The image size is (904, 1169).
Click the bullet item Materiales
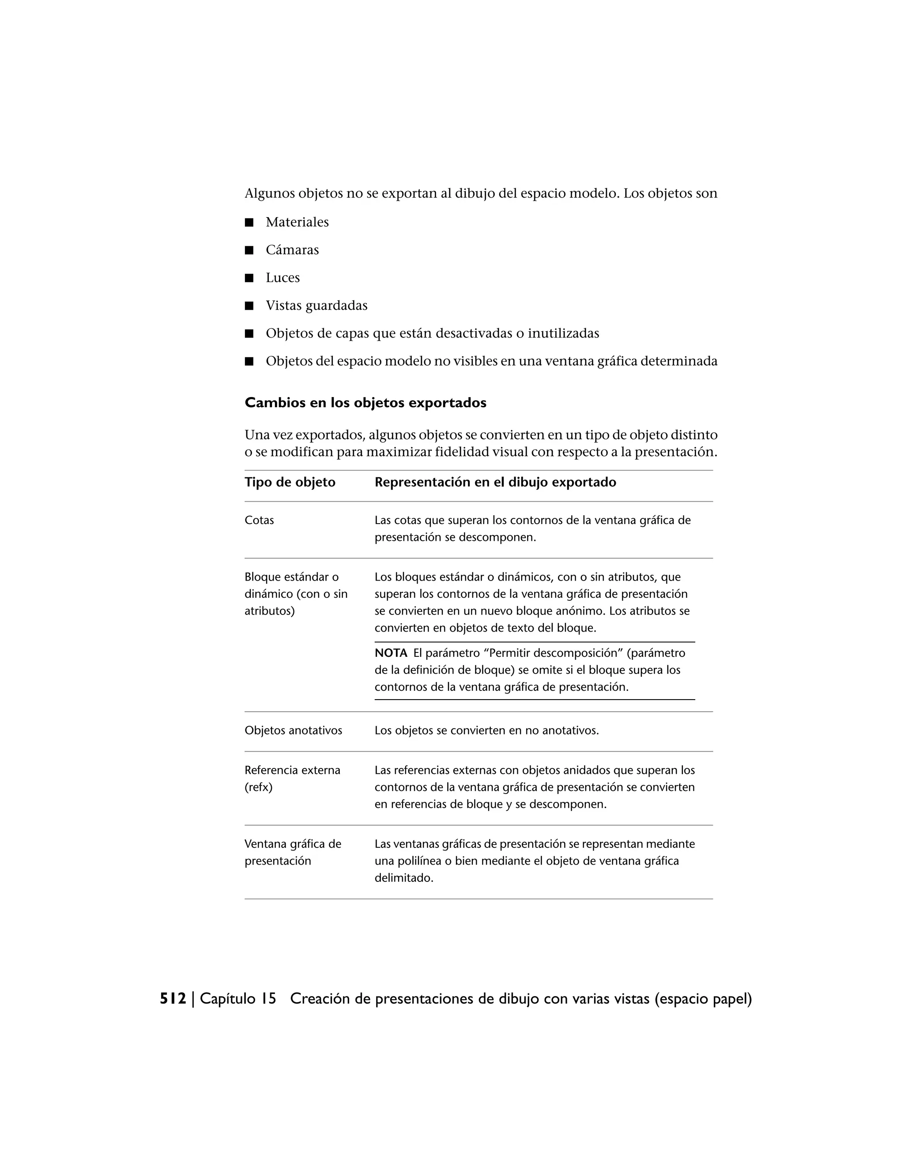tap(297, 222)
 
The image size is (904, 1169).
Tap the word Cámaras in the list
tap(292, 250)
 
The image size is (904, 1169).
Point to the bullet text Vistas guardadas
tap(316, 306)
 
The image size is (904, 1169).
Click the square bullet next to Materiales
tap(249, 223)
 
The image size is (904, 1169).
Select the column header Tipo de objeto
tap(290, 482)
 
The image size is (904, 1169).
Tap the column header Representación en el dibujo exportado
tap(495, 482)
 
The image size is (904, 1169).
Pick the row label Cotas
tap(259, 520)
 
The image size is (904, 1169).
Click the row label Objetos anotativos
tap(293, 731)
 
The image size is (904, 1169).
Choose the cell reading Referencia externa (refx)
tap(292, 779)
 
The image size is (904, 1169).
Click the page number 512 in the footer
tap(173, 999)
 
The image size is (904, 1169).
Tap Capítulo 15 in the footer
tap(238, 999)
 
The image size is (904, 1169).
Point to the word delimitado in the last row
tap(403, 878)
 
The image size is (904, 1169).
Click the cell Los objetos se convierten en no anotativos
tap(486, 731)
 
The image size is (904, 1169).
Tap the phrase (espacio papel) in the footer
tap(703, 999)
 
